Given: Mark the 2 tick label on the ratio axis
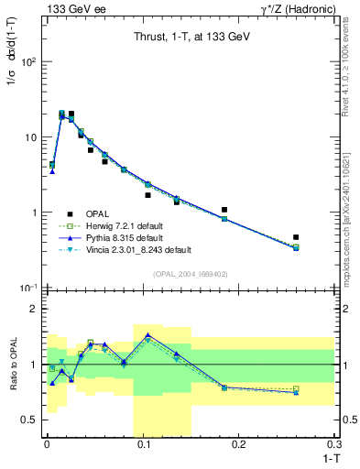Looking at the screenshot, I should coord(31,309).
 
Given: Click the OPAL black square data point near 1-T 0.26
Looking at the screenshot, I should coord(296,237).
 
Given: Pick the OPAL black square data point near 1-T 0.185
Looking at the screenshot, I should coord(224,210).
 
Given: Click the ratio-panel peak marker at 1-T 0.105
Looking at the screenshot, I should coord(147,335).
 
